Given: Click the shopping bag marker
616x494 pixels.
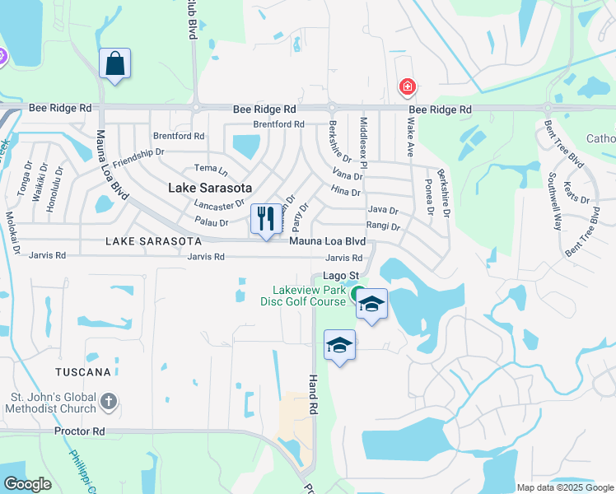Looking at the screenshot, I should (115, 64).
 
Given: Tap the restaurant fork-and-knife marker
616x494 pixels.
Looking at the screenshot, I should (265, 219).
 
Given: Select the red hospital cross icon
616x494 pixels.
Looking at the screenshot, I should (407, 86).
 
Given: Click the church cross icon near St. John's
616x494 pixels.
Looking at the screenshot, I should (108, 403).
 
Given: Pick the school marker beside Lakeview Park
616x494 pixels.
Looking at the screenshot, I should (372, 305).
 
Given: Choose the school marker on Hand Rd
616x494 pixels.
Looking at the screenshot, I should (339, 346).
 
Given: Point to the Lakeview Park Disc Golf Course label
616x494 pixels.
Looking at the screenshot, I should (305, 296).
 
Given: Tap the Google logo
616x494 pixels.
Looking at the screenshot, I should (27, 484).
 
